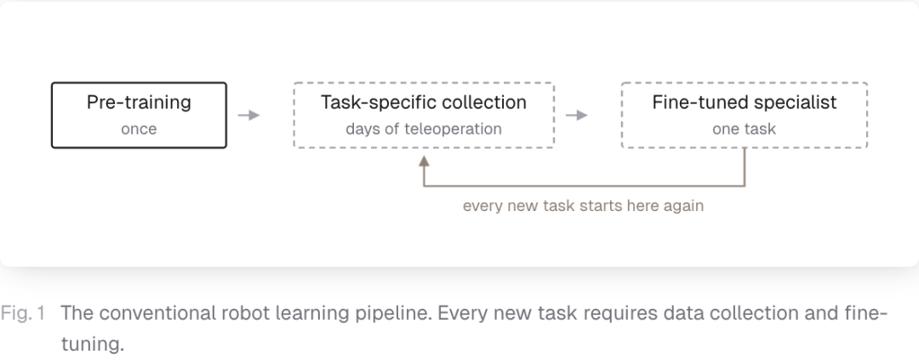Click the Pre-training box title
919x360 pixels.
pyautogui.click(x=139, y=103)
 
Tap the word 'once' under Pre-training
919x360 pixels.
pyautogui.click(x=139, y=129)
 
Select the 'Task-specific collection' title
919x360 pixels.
pyautogui.click(x=424, y=103)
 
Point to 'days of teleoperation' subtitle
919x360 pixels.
pyautogui.click(x=424, y=129)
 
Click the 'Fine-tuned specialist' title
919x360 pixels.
pyautogui.click(x=745, y=103)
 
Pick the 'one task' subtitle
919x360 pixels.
pyautogui.click(x=745, y=129)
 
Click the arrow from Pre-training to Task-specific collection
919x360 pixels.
pyautogui.click(x=248, y=115)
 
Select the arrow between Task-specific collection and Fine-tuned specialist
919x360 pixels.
pyautogui.click(x=577, y=115)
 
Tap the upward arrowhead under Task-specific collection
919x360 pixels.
pyautogui.click(x=424, y=161)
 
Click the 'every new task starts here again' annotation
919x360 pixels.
pyautogui.click(x=583, y=207)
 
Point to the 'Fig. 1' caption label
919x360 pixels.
pyautogui.click(x=23, y=314)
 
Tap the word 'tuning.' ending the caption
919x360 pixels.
pyautogui.click(x=93, y=344)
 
